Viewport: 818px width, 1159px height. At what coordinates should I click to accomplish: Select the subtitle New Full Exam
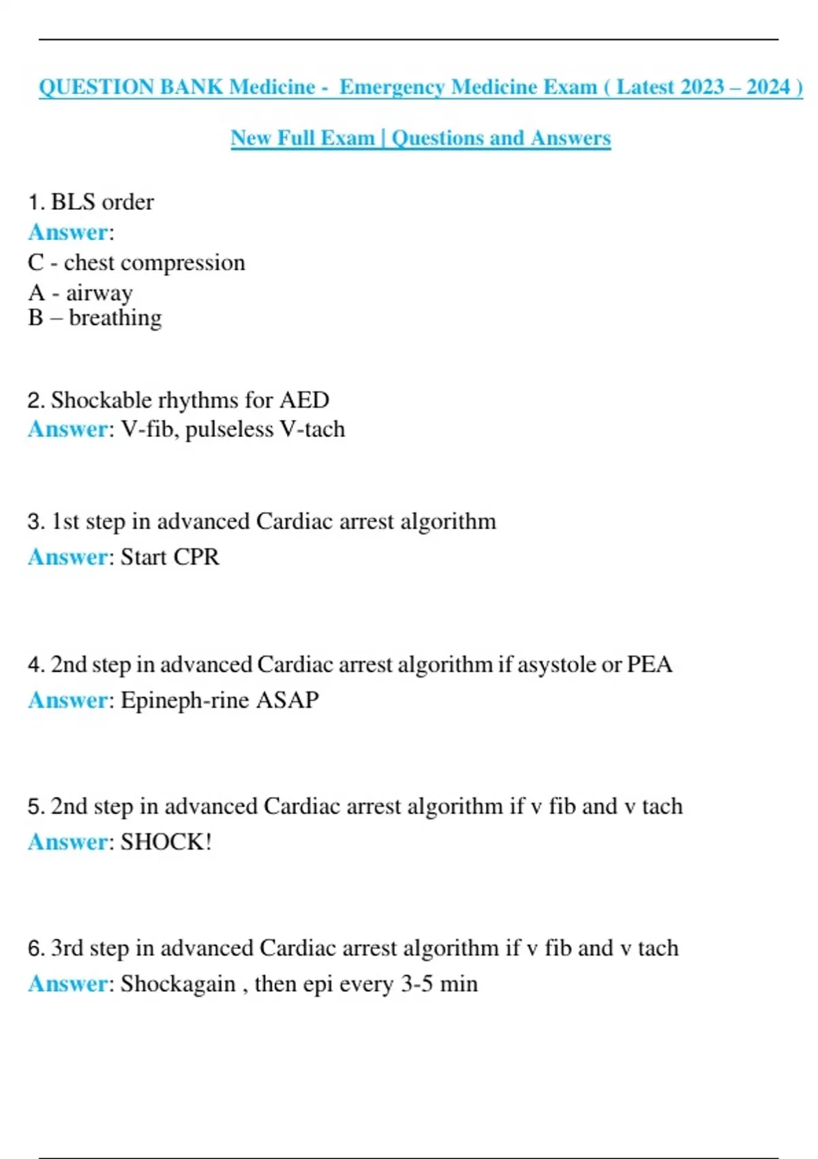(x=303, y=138)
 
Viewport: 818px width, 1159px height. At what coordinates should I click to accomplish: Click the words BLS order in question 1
(x=102, y=202)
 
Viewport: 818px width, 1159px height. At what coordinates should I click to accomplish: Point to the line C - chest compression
(x=136, y=263)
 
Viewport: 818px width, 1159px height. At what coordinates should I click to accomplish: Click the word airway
(x=100, y=293)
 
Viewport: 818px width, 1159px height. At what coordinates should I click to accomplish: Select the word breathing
(x=115, y=318)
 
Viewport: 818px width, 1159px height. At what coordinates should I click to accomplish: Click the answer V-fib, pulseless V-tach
(x=233, y=430)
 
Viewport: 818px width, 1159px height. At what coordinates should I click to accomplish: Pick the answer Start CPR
(x=170, y=557)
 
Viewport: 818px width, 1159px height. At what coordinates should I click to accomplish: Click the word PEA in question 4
(x=649, y=665)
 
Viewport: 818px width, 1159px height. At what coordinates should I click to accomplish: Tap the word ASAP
(x=287, y=700)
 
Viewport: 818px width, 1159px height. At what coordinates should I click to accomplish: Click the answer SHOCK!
(x=166, y=842)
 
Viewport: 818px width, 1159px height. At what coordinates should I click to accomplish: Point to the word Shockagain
(x=178, y=984)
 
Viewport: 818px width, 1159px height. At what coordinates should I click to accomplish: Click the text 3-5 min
(x=439, y=984)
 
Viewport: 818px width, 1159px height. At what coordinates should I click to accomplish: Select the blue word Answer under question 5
(x=67, y=842)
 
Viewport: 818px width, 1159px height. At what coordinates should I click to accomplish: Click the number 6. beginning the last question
(x=36, y=948)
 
